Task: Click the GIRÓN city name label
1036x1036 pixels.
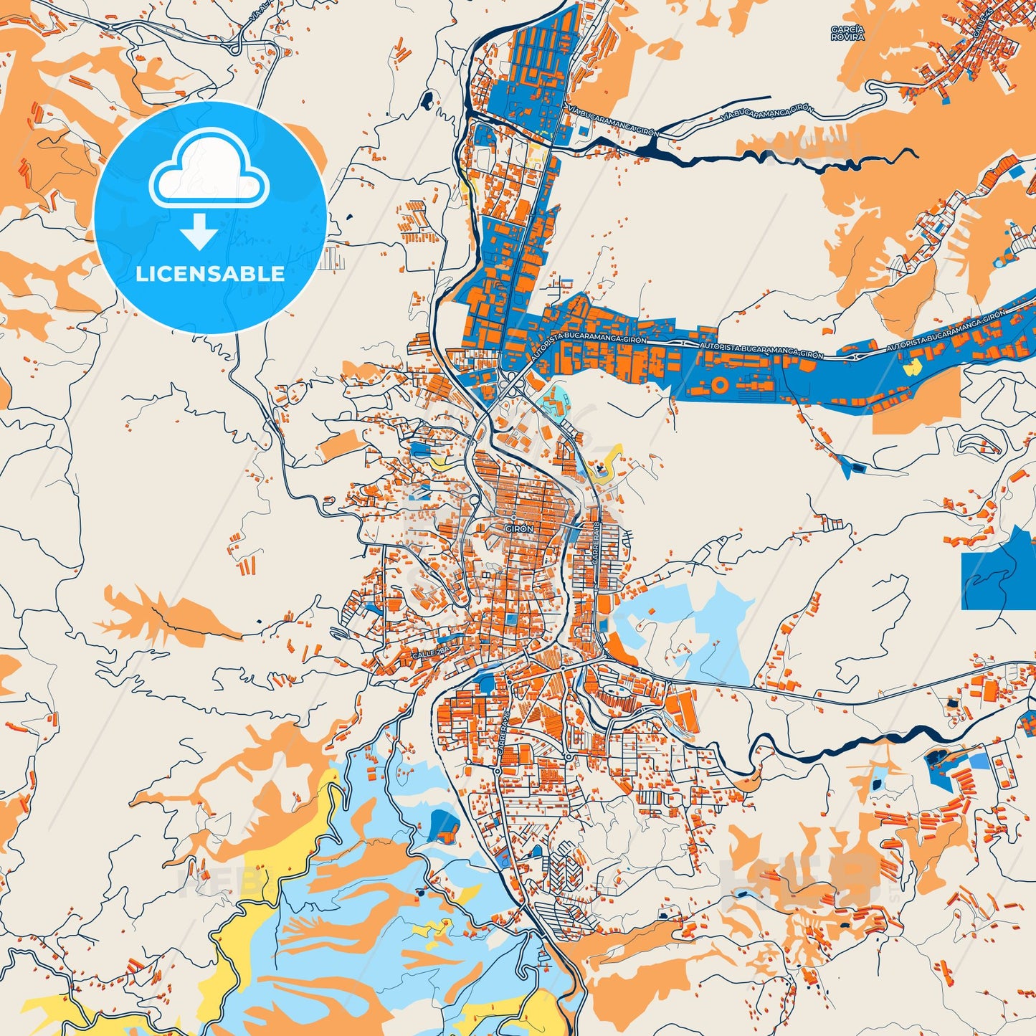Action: pyautogui.click(x=520, y=528)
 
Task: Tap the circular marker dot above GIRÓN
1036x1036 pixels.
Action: pyautogui.click(x=514, y=518)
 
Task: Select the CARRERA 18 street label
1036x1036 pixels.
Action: pyautogui.click(x=596, y=545)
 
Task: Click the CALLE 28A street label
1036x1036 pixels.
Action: pyautogui.click(x=431, y=654)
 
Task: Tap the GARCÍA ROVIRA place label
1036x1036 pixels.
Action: pyautogui.click(x=847, y=33)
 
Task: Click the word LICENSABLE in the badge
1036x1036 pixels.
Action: pyautogui.click(x=210, y=273)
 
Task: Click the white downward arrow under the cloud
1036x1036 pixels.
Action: pyautogui.click(x=199, y=232)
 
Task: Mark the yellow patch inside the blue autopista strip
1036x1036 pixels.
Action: pyautogui.click(x=913, y=368)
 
